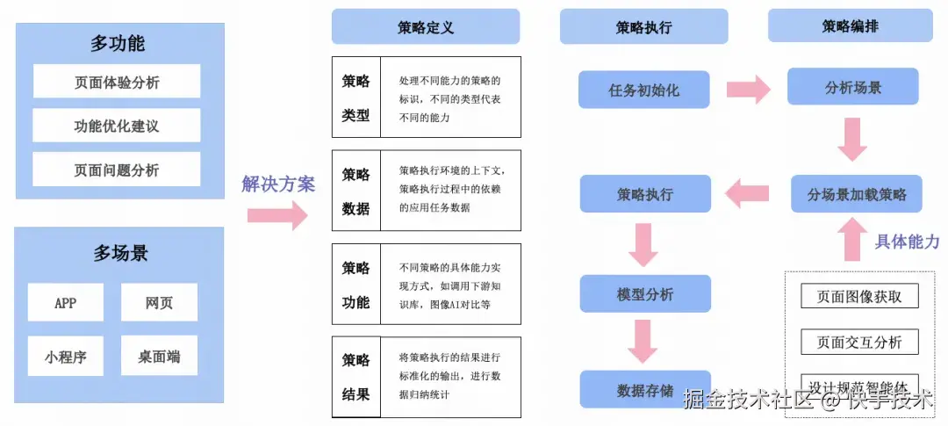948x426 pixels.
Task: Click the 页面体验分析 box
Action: [117, 82]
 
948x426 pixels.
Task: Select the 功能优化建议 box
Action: [117, 126]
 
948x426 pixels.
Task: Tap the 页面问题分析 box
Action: [117, 170]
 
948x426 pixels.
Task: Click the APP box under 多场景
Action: [66, 302]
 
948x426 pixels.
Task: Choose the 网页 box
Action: [159, 302]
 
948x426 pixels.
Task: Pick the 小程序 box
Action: [66, 356]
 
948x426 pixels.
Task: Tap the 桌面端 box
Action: [159, 356]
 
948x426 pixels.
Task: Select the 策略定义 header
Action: [426, 26]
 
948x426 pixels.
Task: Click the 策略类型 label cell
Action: [355, 97]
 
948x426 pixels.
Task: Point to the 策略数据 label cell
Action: [355, 191]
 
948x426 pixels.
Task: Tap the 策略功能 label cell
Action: [355, 285]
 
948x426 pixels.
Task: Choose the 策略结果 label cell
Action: [355, 377]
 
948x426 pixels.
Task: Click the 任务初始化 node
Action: [644, 90]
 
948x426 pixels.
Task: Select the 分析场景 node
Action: [852, 88]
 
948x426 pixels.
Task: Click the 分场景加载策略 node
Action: [857, 194]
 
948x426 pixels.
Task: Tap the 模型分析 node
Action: [644, 294]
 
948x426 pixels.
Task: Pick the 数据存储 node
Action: [644, 389]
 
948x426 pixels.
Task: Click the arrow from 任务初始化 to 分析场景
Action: [748, 89]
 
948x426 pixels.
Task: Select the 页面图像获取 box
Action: [859, 296]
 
